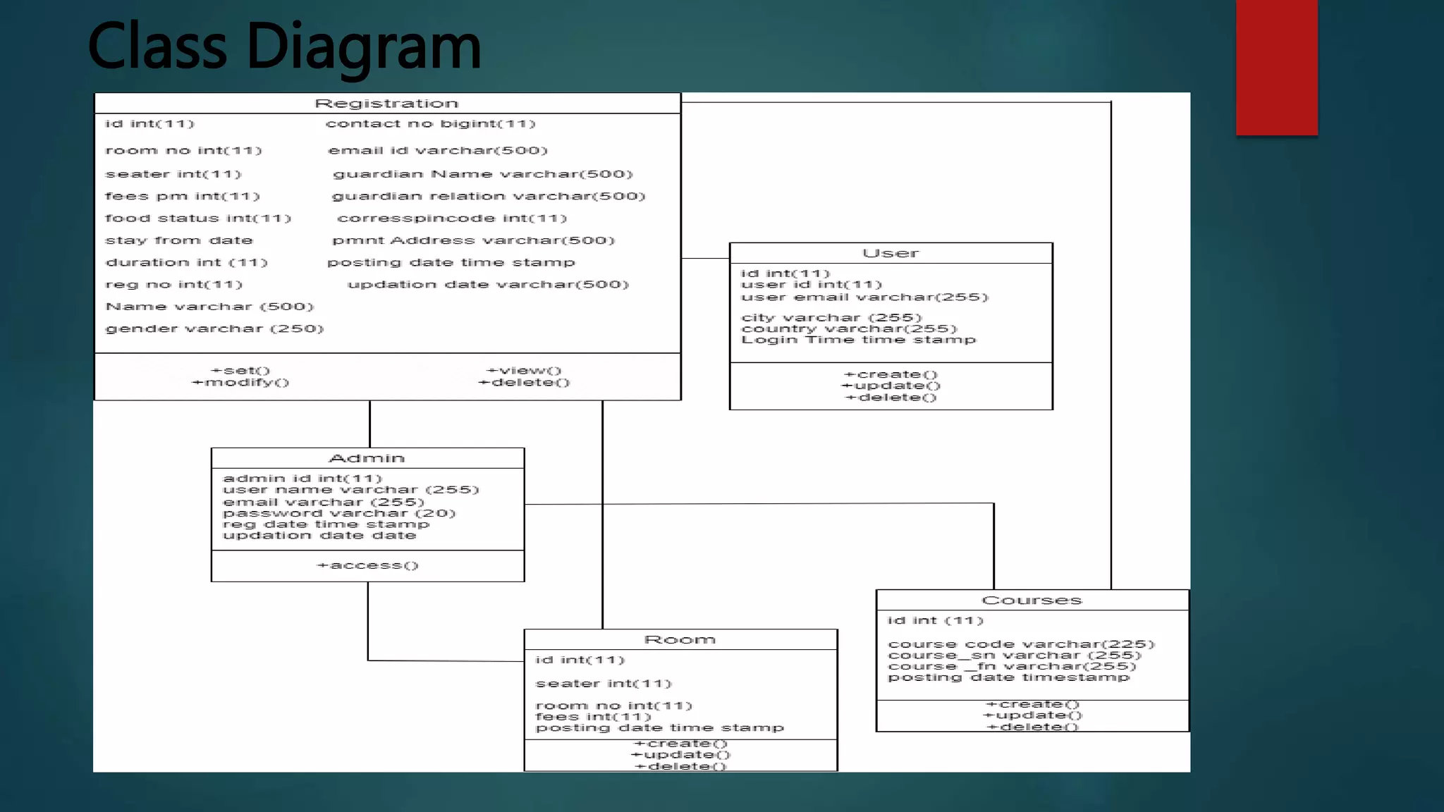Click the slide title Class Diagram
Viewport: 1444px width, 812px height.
284,47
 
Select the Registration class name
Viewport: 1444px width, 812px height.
386,104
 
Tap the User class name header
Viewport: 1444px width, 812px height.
891,253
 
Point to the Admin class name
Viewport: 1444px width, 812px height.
367,458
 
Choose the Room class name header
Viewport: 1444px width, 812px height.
680,639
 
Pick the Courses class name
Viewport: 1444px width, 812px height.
1032,600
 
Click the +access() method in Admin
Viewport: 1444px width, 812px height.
367,565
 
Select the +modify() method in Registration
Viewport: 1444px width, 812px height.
240,383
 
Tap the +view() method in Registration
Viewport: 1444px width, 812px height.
524,371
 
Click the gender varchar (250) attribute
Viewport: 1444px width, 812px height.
214,328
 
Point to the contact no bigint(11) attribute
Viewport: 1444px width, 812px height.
430,124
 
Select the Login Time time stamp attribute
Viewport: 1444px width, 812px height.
858,340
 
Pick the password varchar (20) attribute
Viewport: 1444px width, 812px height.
339,513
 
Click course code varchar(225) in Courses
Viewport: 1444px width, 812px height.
1021,644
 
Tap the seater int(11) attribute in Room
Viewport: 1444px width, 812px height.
604,684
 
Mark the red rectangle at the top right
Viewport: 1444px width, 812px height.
1276,68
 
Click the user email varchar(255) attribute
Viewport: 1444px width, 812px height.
864,297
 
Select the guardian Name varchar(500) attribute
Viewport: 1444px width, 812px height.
483,174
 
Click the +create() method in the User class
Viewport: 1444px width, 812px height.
891,374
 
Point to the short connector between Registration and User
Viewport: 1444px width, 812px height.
705,259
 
